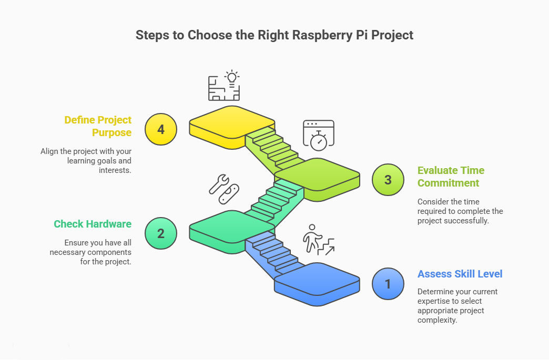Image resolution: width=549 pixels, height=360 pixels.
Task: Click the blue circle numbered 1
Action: [388, 284]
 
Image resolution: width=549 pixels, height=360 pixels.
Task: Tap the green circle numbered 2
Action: [161, 233]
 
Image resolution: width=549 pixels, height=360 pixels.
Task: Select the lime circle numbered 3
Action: [388, 180]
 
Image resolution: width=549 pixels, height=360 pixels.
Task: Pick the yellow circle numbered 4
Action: [161, 129]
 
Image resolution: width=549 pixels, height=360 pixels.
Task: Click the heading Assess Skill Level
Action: [460, 274]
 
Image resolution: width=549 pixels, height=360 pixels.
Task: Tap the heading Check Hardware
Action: [93, 224]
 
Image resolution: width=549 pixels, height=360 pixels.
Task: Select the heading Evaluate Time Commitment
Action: [451, 177]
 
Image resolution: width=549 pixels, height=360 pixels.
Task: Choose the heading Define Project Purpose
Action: [98, 126]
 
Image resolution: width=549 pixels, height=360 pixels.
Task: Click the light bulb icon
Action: [231, 77]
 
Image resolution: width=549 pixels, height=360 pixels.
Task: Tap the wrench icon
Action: [219, 183]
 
